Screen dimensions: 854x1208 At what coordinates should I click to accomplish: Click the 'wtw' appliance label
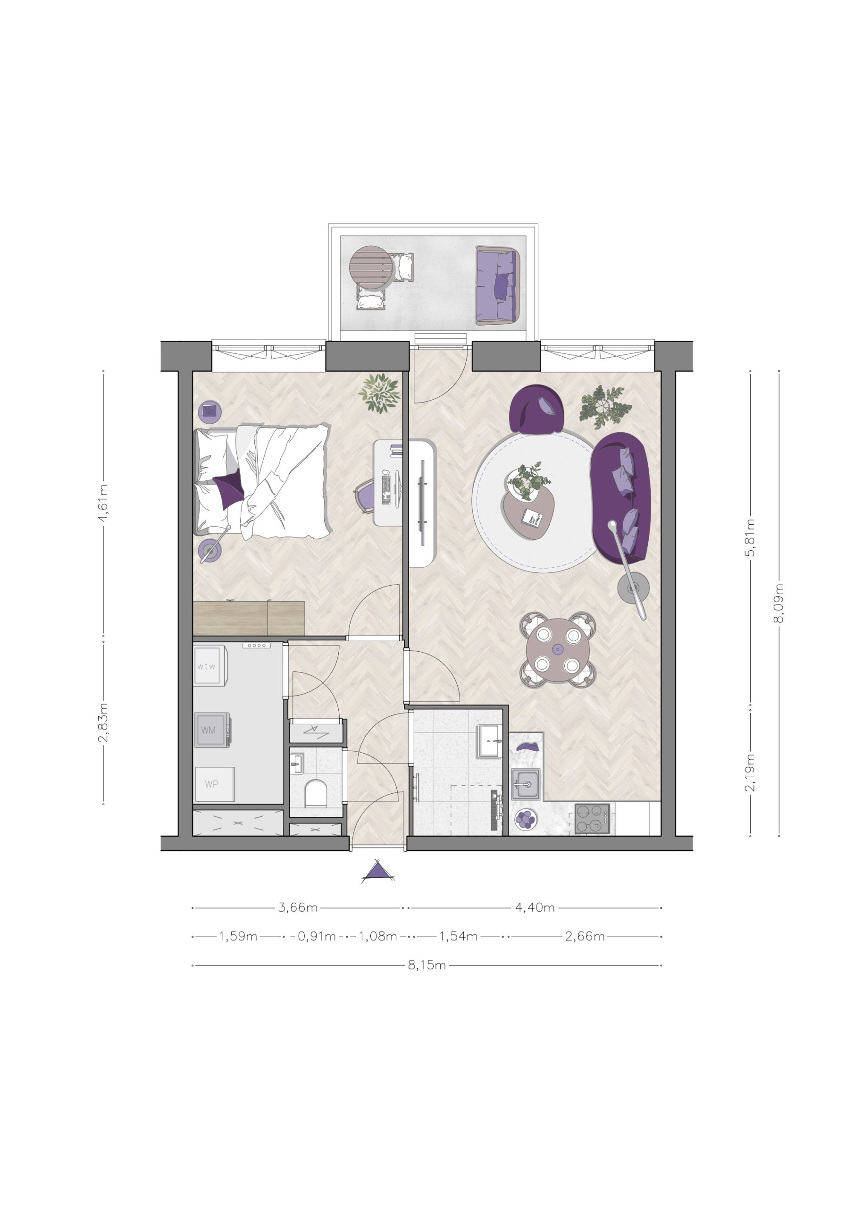click(206, 666)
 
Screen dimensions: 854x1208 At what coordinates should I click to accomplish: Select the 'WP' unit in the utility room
click(215, 784)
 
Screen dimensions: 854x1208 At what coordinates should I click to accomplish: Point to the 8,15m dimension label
click(427, 965)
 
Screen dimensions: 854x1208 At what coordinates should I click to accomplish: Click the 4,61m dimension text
click(103, 503)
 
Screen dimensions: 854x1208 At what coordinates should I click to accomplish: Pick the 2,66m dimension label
click(585, 936)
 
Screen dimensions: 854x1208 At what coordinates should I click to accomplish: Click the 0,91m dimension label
click(317, 936)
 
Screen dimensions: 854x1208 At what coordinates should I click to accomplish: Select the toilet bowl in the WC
click(315, 793)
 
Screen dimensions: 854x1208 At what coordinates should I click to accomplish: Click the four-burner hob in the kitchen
click(592, 819)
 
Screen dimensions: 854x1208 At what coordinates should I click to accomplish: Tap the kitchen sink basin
click(525, 784)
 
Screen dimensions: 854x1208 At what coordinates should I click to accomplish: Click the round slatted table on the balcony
click(371, 268)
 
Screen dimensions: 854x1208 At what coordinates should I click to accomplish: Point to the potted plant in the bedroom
click(379, 393)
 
